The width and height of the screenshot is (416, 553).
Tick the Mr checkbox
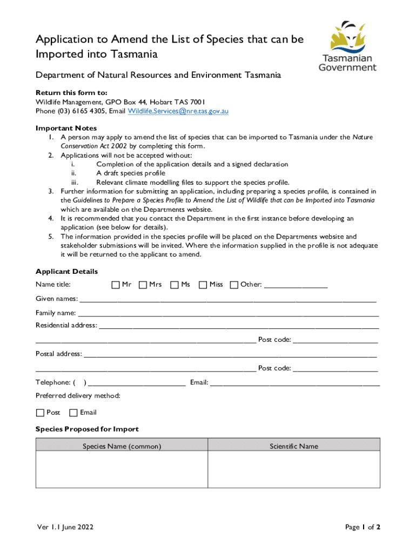pyautogui.click(x=116, y=285)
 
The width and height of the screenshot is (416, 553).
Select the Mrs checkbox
pyautogui.click(x=143, y=285)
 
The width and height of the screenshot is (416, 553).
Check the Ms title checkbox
pyautogui.click(x=175, y=285)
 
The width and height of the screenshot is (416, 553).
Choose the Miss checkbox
pyautogui.click(x=203, y=285)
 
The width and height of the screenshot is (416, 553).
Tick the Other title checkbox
pyautogui.click(x=234, y=285)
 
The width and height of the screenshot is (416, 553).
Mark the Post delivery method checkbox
pyautogui.click(x=40, y=413)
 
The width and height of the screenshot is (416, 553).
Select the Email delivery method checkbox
pyautogui.click(x=73, y=413)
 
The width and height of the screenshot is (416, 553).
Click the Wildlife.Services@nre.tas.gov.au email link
pyautogui.click(x=178, y=111)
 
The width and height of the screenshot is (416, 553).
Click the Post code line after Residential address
pyautogui.click(x=335, y=340)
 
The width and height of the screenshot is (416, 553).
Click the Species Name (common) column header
pyautogui.click(x=122, y=447)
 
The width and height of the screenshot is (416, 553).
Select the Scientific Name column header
pyautogui.click(x=294, y=447)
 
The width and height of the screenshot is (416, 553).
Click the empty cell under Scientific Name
pyautogui.click(x=294, y=469)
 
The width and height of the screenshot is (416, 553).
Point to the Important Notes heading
pyautogui.click(x=66, y=128)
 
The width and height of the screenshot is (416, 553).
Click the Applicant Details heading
pyautogui.click(x=66, y=272)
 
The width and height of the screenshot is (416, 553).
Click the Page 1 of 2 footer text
pyautogui.click(x=363, y=528)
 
